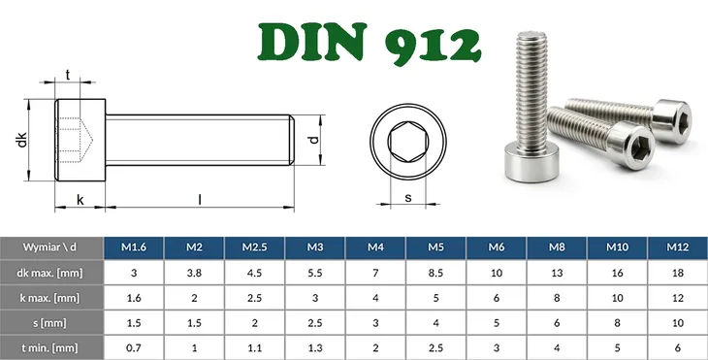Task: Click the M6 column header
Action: (x=496, y=247)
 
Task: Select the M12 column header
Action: (x=676, y=247)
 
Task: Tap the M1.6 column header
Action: (x=134, y=247)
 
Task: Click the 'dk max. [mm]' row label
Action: (x=52, y=273)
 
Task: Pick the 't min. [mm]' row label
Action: (x=52, y=346)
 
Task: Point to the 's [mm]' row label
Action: (x=52, y=321)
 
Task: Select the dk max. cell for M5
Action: (x=435, y=273)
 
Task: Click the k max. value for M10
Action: (x=616, y=297)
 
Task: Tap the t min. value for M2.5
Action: (x=254, y=346)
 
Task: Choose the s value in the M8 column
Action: (x=556, y=321)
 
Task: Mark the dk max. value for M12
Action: (x=676, y=273)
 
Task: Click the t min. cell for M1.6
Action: (x=134, y=346)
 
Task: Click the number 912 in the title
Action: (x=426, y=42)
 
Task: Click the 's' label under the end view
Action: (x=407, y=198)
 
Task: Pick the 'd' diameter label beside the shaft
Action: (x=312, y=138)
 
